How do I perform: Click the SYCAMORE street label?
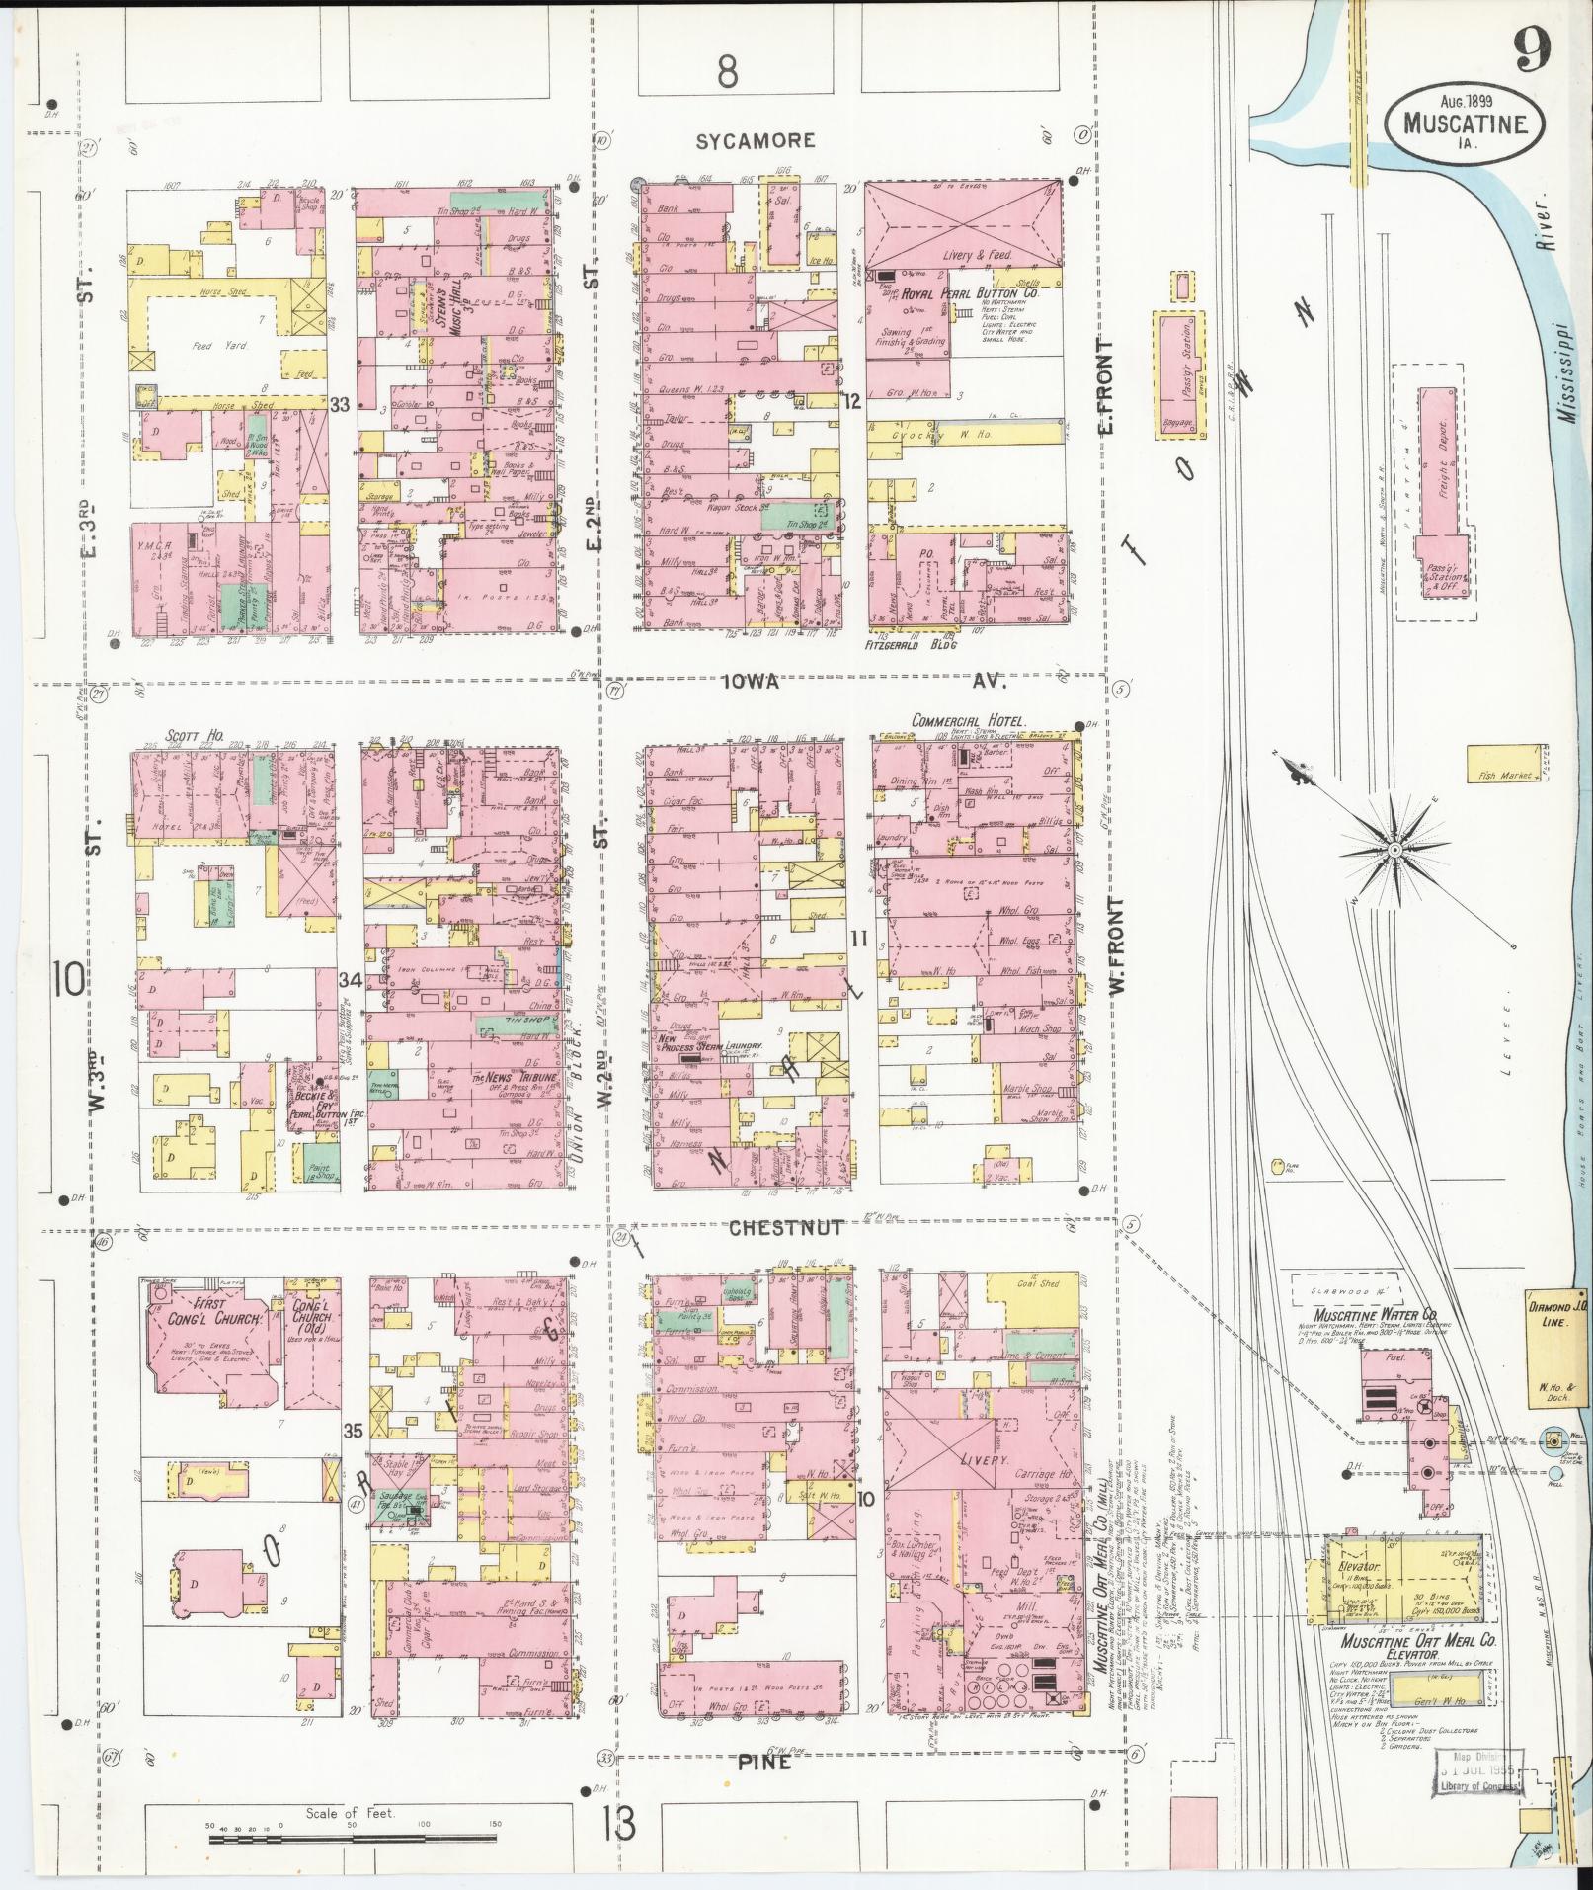(x=756, y=140)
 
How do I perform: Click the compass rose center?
(x=1394, y=849)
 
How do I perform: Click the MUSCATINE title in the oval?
(x=1466, y=125)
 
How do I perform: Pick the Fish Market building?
(x=1504, y=776)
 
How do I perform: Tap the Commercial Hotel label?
(x=969, y=721)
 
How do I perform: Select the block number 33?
(x=340, y=404)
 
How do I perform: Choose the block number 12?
(x=852, y=399)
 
